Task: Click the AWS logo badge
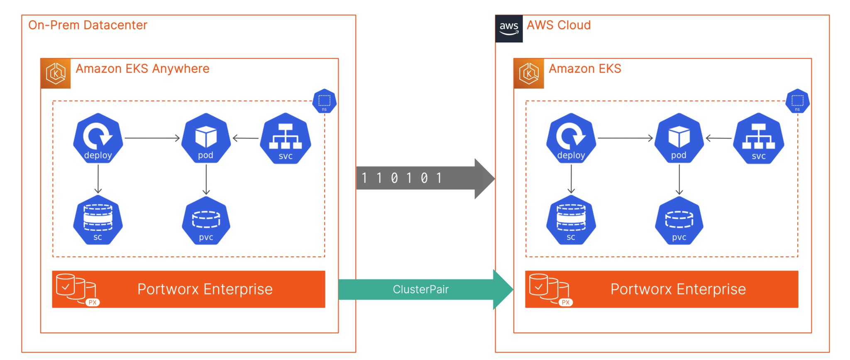click(x=509, y=29)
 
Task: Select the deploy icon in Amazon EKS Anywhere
click(x=98, y=138)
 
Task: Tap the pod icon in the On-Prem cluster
click(x=206, y=138)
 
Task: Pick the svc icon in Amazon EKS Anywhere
click(x=286, y=139)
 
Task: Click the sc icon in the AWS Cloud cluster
click(x=571, y=220)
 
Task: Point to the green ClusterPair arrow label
click(x=420, y=289)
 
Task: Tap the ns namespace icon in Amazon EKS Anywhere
click(x=324, y=101)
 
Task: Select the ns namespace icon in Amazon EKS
click(x=797, y=101)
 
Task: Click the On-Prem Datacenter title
click(x=88, y=25)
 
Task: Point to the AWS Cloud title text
click(x=559, y=25)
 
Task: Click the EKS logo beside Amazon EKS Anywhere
click(x=56, y=73)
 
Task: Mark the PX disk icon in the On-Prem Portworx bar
click(x=77, y=289)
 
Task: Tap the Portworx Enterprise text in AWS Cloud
click(x=678, y=289)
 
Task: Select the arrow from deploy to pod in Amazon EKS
click(x=625, y=138)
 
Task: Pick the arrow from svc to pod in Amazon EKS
click(x=718, y=138)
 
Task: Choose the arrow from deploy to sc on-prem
click(x=98, y=179)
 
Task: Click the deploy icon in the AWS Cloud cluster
click(x=571, y=138)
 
